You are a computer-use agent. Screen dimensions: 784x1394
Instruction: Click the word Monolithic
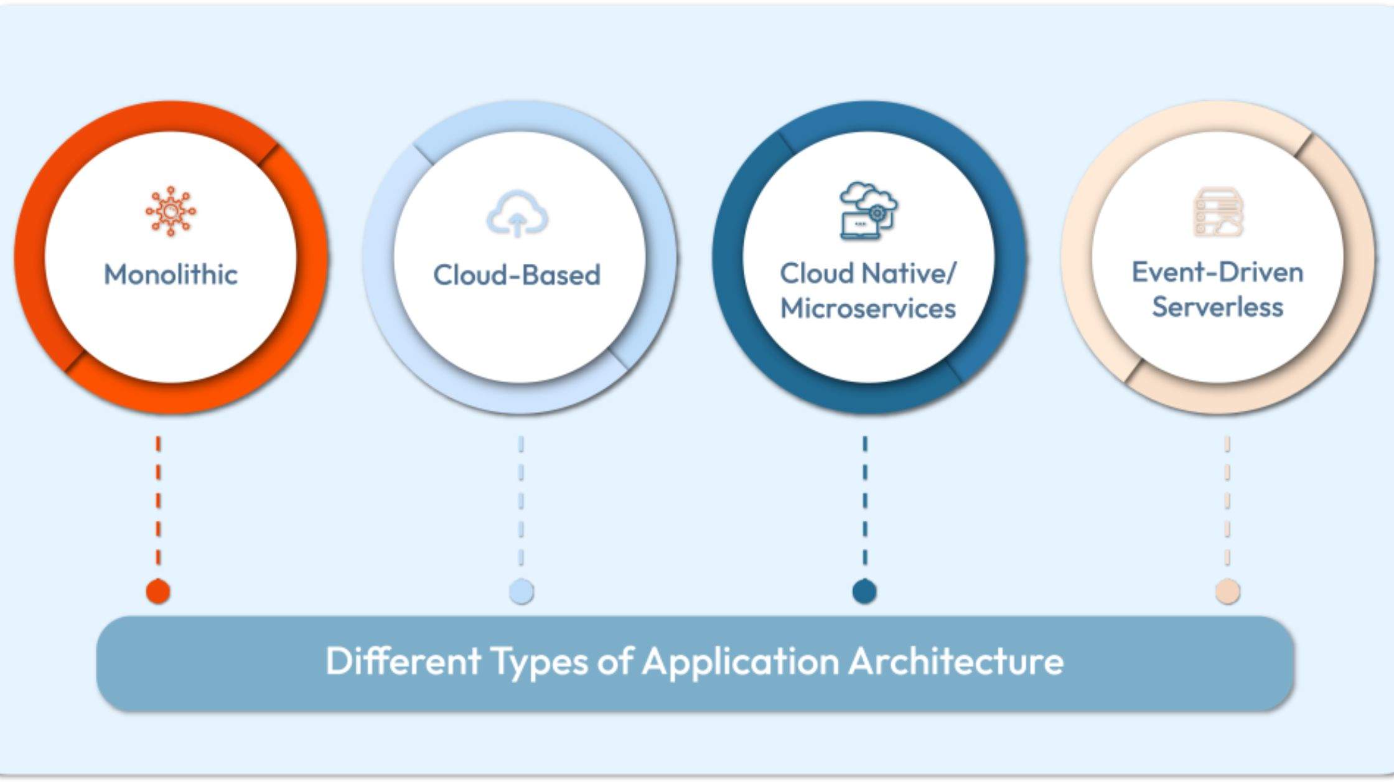pos(171,274)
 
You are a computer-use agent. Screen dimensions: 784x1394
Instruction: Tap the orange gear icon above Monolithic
pos(171,212)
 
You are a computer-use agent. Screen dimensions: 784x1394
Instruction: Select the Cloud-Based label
pos(517,275)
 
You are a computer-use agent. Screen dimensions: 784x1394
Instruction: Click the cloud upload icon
pos(517,215)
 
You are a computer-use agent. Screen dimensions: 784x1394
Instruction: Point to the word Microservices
pos(868,309)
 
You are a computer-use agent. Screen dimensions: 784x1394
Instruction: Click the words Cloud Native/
pos(868,273)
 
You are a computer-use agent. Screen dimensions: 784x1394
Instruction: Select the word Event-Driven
pos(1217,273)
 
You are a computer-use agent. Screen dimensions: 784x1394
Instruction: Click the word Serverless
pos(1217,307)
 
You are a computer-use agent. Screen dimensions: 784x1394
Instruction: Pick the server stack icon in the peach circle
pos(1218,213)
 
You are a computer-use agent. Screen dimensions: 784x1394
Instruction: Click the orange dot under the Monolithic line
pos(158,591)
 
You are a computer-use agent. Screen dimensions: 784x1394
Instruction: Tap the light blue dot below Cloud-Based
pos(521,591)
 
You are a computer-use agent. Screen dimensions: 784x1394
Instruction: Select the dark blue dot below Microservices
pos(864,591)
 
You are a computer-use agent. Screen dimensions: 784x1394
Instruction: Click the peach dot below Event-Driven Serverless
pos(1227,591)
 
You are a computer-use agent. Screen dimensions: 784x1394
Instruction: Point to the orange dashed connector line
pos(158,501)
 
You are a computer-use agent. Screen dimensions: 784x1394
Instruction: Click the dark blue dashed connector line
pos(864,501)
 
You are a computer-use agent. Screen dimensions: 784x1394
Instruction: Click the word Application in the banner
pos(741,661)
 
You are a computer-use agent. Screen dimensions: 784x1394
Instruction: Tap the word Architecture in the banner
pos(956,661)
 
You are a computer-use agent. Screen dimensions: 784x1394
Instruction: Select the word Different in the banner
pos(403,661)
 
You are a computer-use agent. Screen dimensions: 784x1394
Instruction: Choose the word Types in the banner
pos(539,661)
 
